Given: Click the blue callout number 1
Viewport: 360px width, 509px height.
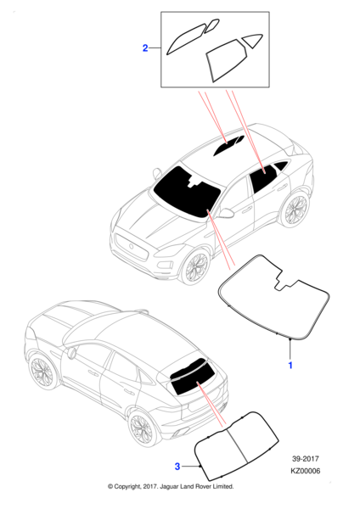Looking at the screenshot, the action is [290, 365].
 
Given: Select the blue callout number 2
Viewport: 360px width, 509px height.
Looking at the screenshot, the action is [145, 48].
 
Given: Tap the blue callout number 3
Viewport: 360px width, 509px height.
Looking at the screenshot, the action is [177, 467].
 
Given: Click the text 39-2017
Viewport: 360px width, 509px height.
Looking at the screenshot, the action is [306, 459].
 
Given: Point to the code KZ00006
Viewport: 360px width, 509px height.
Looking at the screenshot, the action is [306, 471].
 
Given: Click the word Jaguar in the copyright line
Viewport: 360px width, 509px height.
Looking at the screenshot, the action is [169, 487].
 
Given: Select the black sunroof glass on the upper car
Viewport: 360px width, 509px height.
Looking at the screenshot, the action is [228, 145].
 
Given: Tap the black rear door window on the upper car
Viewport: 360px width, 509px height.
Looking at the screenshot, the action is [264, 179].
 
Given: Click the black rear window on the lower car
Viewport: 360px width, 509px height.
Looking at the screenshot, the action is [193, 379].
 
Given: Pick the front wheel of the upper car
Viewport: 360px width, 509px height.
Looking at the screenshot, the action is [195, 267].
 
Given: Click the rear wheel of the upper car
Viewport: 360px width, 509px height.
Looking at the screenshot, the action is [295, 209].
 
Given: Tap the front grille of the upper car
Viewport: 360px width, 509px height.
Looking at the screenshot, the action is [132, 246].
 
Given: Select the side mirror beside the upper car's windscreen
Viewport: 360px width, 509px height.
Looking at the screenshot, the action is [227, 213].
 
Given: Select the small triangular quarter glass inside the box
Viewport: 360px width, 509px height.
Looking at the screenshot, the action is [252, 40].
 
